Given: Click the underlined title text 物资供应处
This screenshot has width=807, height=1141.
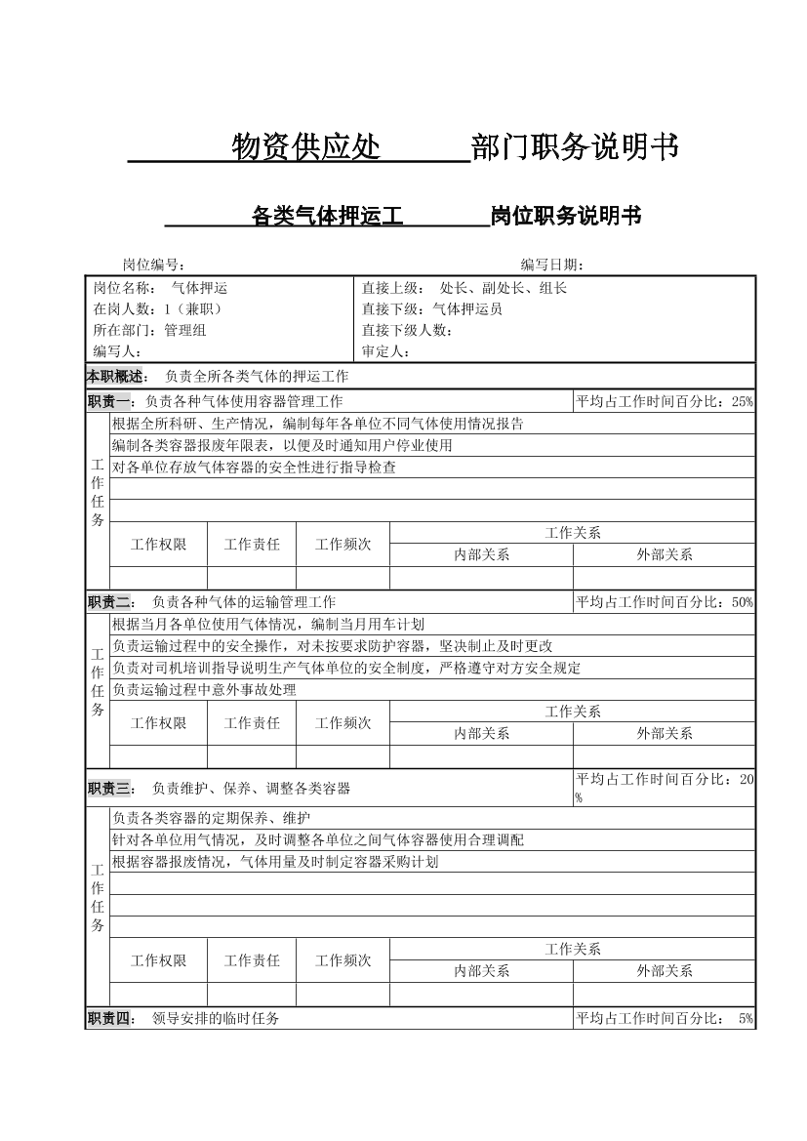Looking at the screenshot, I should coord(305,147).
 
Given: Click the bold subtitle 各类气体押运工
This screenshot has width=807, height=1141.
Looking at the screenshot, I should coord(327,216).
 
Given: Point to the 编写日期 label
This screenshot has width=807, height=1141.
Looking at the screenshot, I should coord(552,265).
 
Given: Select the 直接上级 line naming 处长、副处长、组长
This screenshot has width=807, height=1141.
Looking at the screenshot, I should coord(464,288).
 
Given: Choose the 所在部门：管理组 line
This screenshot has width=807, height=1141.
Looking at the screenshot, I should coord(149,330).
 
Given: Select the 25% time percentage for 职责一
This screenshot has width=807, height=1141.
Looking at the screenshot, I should coord(742,401).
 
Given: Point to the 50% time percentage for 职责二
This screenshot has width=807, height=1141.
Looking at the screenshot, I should coord(742,602).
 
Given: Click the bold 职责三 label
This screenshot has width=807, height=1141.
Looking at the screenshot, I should coord(109,788).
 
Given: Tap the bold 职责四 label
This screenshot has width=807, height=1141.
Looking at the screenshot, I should coord(109,1018).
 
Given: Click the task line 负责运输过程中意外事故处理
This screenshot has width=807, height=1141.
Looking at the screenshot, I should coord(204,690).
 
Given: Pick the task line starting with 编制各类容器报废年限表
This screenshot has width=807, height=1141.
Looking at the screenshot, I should coord(282,445).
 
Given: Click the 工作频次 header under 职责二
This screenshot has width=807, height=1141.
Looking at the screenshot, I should coord(343,722).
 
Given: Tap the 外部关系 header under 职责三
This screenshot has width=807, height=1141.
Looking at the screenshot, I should coord(665,971).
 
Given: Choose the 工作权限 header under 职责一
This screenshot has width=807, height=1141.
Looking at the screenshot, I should coord(158,544).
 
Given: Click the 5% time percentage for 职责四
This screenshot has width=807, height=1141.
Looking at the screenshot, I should coord(746,1019).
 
